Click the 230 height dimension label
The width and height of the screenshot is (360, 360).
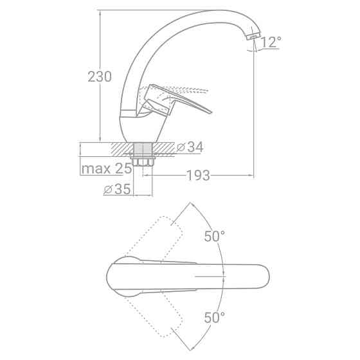[x=100, y=76]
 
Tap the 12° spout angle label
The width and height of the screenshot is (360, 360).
[x=271, y=42]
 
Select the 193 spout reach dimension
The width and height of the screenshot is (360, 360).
[x=199, y=175]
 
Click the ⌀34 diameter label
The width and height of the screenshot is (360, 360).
[x=190, y=147]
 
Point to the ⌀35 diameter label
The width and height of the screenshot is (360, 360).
[x=117, y=189]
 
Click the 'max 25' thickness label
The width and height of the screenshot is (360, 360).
[x=107, y=168]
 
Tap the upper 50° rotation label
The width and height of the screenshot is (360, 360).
[x=215, y=236]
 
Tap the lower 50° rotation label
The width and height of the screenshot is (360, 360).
[x=215, y=318]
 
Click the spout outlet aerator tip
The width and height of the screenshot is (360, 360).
[x=253, y=37]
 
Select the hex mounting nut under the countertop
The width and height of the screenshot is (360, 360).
[x=143, y=161]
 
